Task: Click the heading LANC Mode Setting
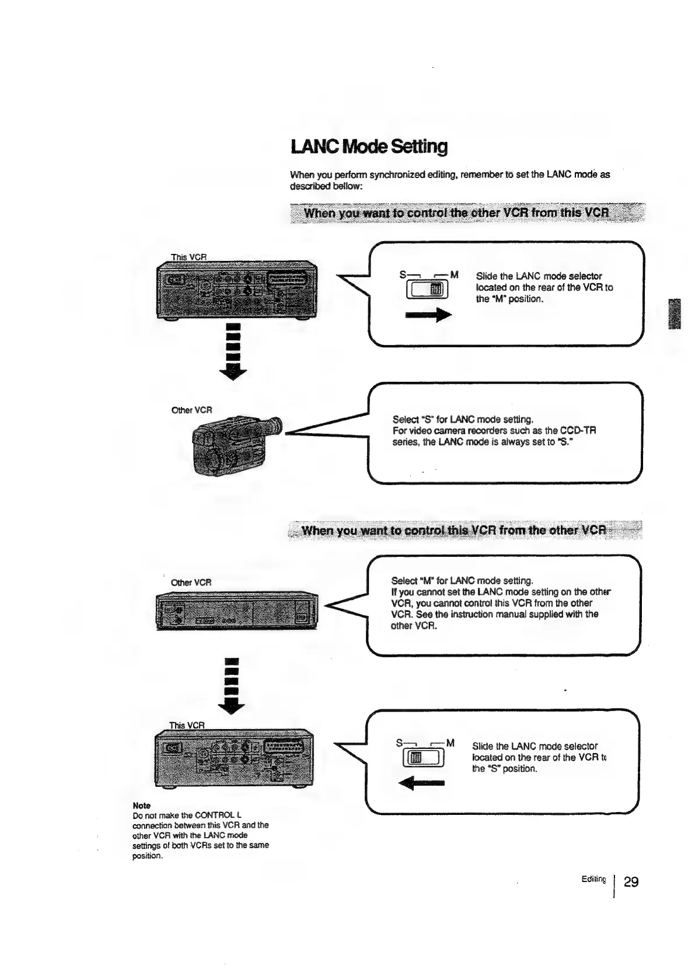pos(369,147)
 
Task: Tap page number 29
pos(631,881)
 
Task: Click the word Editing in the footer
pos(593,879)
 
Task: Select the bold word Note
pos(141,805)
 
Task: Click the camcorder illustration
pos(235,445)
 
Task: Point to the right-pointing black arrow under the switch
pos(428,315)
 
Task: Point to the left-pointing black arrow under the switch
pos(422,783)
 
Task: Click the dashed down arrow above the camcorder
pos(233,351)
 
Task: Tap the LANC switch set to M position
pos(427,289)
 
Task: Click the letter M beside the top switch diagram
pos(455,274)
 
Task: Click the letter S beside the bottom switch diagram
pos(399,743)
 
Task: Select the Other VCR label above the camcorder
pos(191,410)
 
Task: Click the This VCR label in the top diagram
pos(188,257)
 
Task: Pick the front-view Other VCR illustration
pos(237,611)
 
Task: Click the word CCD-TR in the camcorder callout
pos(577,431)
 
